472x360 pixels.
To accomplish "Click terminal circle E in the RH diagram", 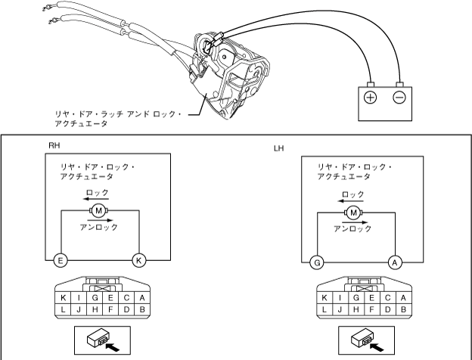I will click(x=61, y=261).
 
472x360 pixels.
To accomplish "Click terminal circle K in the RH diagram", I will click(x=137, y=261).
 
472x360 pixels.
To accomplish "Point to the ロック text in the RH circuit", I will click(x=98, y=193).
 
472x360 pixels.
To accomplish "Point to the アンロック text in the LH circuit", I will click(x=354, y=228).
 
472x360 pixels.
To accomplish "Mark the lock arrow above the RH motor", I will click(x=98, y=200).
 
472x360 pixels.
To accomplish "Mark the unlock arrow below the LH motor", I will click(x=354, y=220).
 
